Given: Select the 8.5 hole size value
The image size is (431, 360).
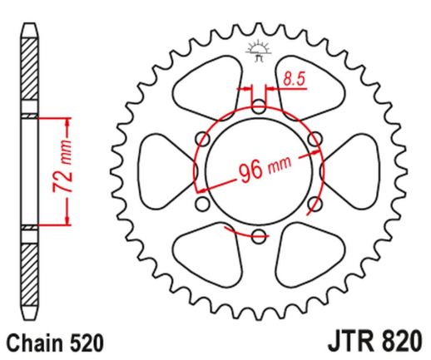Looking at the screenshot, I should pos(293,80).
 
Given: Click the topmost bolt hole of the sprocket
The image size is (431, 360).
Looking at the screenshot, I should pos(258,107).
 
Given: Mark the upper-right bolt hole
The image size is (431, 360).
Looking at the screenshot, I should pos(313,140).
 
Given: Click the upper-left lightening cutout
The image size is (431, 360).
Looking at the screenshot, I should pos(211,90).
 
